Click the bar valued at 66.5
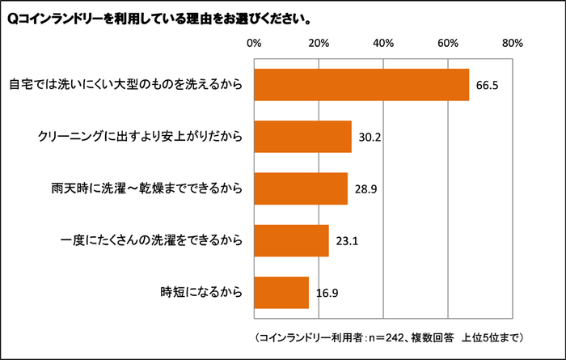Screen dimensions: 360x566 pyautogui.click(x=361, y=85)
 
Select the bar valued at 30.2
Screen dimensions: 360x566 pyautogui.click(x=302, y=137)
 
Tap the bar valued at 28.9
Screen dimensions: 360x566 pyautogui.click(x=301, y=188)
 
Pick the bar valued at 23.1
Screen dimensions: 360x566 pyautogui.click(x=291, y=240)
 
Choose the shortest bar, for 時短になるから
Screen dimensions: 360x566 pyautogui.click(x=281, y=292)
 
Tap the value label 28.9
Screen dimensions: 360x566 pyautogui.click(x=365, y=188)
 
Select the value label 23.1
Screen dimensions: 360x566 pyautogui.click(x=346, y=240)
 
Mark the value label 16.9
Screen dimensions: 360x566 pyautogui.click(x=327, y=292)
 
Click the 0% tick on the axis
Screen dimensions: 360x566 pyautogui.click(x=254, y=42)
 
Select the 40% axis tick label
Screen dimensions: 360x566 pyautogui.click(x=383, y=42)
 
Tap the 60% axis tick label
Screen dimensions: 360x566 pyautogui.click(x=448, y=42)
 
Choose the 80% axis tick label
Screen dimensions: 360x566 pyautogui.click(x=513, y=42)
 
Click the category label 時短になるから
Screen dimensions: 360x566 pyautogui.click(x=203, y=292)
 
